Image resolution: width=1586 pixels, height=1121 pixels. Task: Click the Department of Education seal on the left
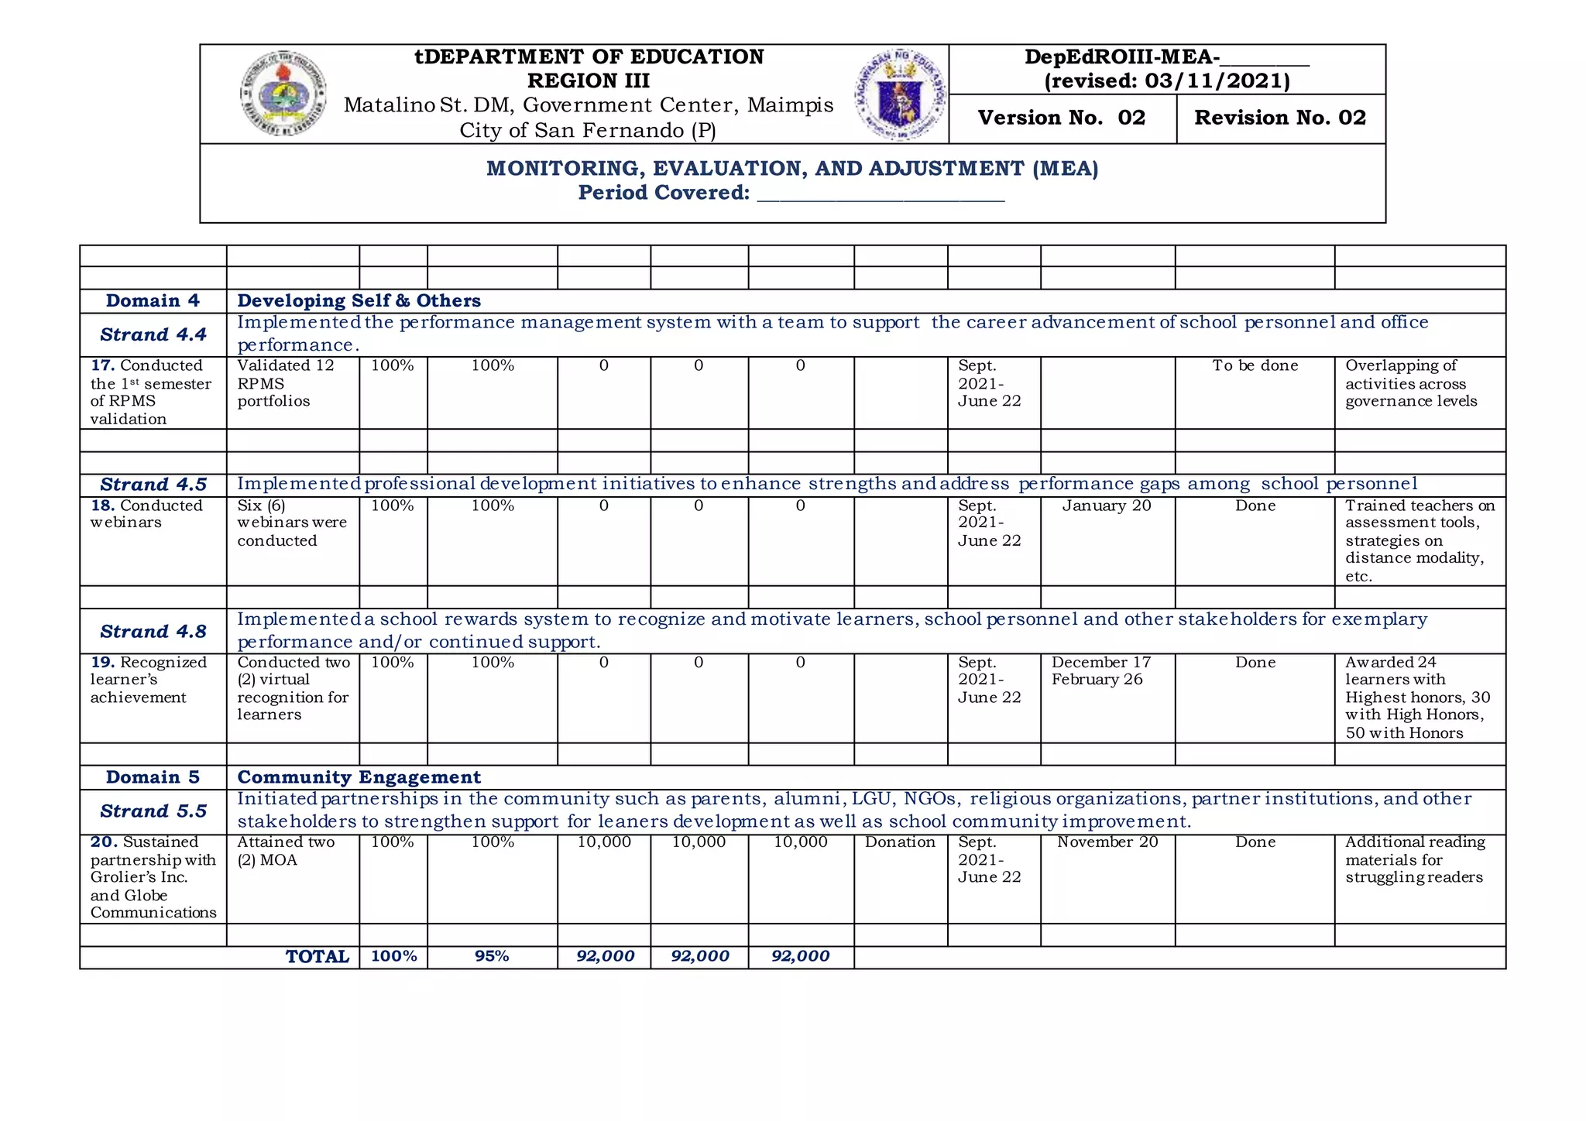tap(283, 94)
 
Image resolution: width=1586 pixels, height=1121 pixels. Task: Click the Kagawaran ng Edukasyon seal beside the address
tap(900, 94)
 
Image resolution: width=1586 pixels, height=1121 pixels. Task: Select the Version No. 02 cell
tap(1062, 118)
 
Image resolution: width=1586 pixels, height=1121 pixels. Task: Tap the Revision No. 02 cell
tap(1280, 118)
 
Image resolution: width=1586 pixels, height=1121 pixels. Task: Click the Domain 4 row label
tap(153, 300)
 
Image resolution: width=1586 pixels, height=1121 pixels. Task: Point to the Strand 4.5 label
tap(153, 485)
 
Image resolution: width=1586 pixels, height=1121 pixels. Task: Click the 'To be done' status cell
tap(1255, 366)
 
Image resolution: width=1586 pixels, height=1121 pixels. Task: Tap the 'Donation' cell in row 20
tap(900, 842)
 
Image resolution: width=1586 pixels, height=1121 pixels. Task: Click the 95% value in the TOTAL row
tap(492, 956)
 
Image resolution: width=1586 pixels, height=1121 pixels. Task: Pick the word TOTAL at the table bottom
tap(318, 957)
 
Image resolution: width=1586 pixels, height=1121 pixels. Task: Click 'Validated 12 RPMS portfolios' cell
tap(287, 383)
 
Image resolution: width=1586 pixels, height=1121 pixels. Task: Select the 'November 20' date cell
tap(1107, 842)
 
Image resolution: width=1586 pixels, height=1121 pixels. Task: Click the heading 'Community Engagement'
tap(359, 777)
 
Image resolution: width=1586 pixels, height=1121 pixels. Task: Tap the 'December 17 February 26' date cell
tap(1100, 671)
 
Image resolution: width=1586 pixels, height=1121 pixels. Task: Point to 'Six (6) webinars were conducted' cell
tap(292, 523)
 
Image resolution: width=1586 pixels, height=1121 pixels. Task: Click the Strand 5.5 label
tap(153, 811)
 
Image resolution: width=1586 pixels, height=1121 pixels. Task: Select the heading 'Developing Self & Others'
tap(359, 300)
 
